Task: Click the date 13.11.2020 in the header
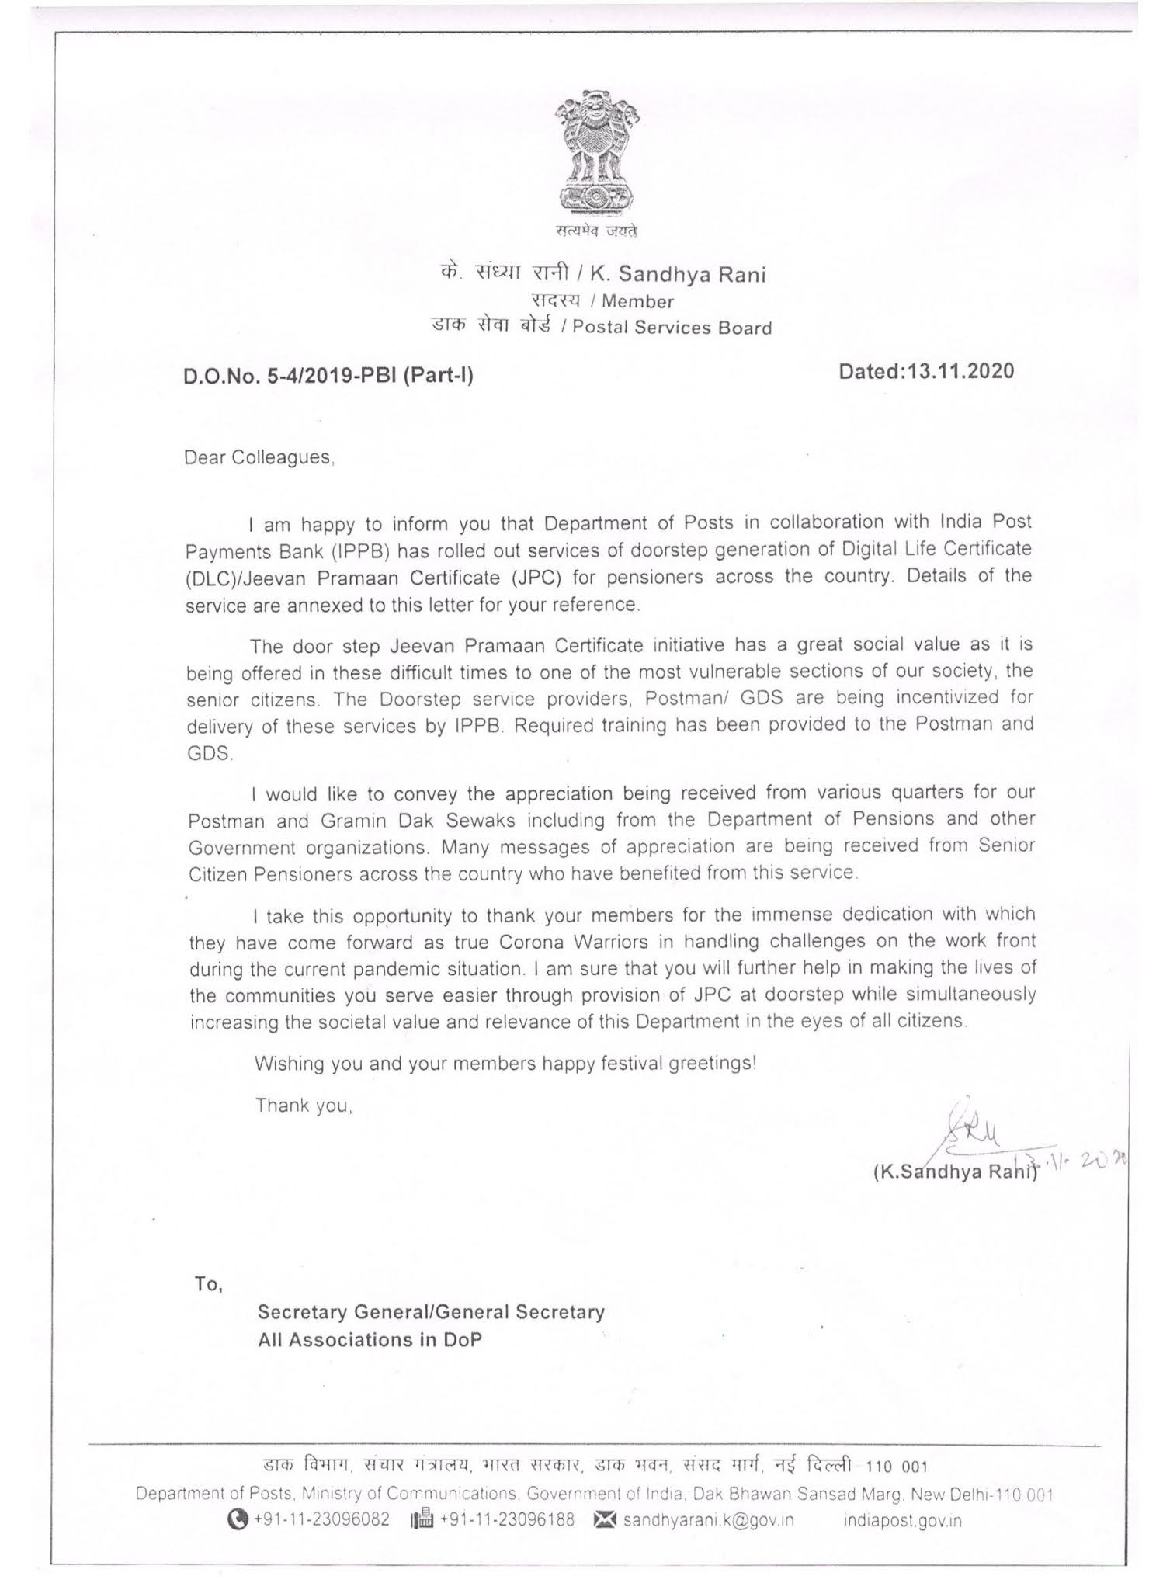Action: click(x=960, y=371)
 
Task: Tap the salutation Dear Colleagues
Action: click(x=259, y=457)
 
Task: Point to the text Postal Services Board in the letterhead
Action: click(x=672, y=328)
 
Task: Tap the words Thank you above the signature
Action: click(x=304, y=1105)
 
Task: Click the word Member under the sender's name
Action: click(x=637, y=301)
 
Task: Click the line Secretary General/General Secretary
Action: click(x=431, y=1312)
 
